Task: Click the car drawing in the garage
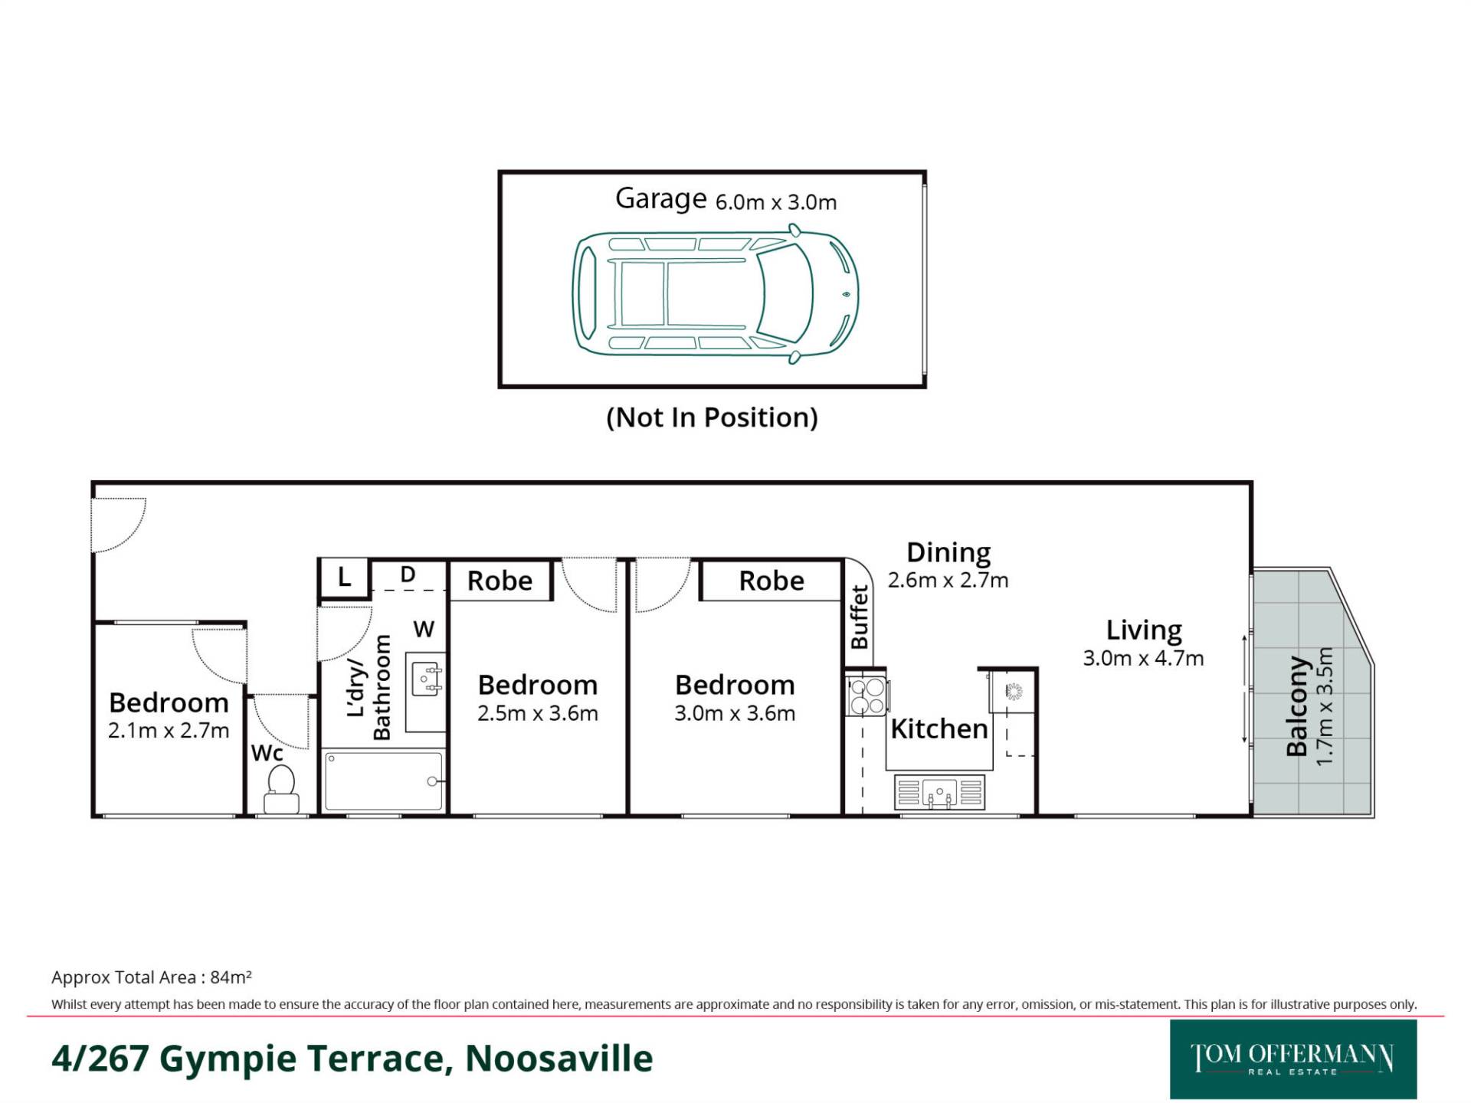[716, 293]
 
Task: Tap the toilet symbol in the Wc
[281, 789]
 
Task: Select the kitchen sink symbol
[939, 792]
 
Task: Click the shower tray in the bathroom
[383, 781]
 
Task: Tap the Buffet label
[860, 617]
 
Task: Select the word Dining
[948, 552]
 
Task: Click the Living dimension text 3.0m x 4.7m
[1143, 658]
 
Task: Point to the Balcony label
[1296, 705]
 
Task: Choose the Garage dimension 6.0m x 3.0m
[776, 202]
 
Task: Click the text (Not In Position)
[712, 417]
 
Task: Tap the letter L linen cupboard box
[344, 578]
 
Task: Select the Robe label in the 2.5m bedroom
[500, 581]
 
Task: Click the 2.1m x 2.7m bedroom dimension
[169, 731]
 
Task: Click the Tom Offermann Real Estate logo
[1293, 1059]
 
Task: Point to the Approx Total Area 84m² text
[152, 977]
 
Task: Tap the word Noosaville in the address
[559, 1059]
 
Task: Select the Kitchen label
[939, 728]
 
